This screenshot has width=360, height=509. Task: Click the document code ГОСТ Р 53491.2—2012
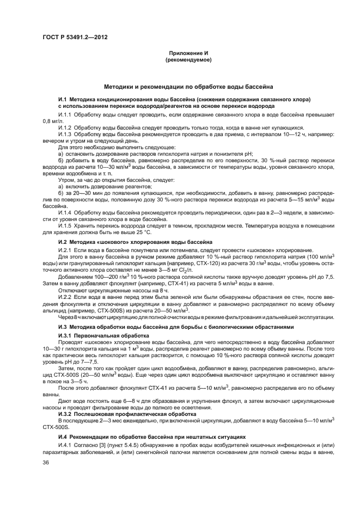68,36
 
